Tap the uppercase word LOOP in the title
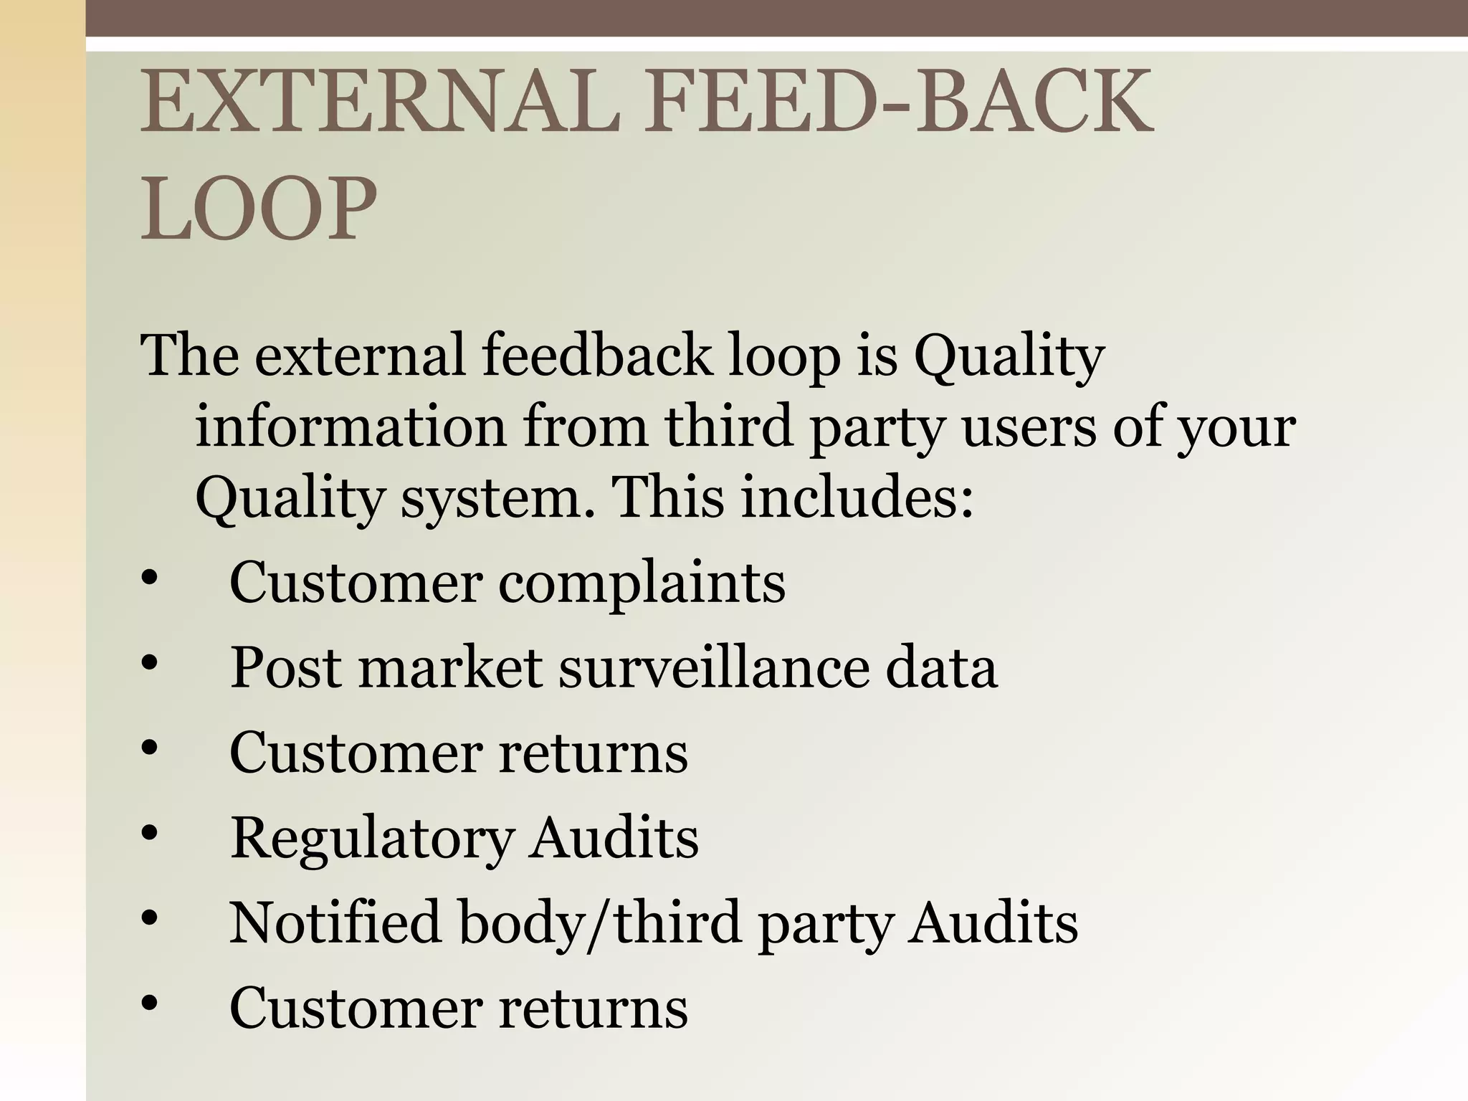tap(258, 209)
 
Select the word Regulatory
tap(372, 838)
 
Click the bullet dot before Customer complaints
tap(149, 579)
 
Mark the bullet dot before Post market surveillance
tap(149, 664)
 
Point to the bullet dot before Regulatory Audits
tap(149, 834)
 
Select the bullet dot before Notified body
tap(149, 918)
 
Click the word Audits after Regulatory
tap(614, 838)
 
